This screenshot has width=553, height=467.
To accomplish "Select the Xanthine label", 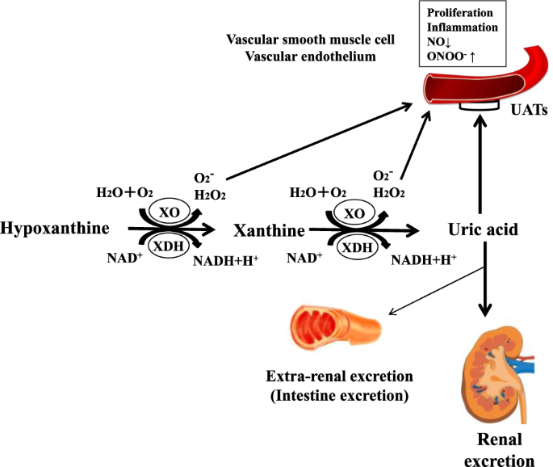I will coord(269,231).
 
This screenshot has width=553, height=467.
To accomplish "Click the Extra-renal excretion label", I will coord(339,377).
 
